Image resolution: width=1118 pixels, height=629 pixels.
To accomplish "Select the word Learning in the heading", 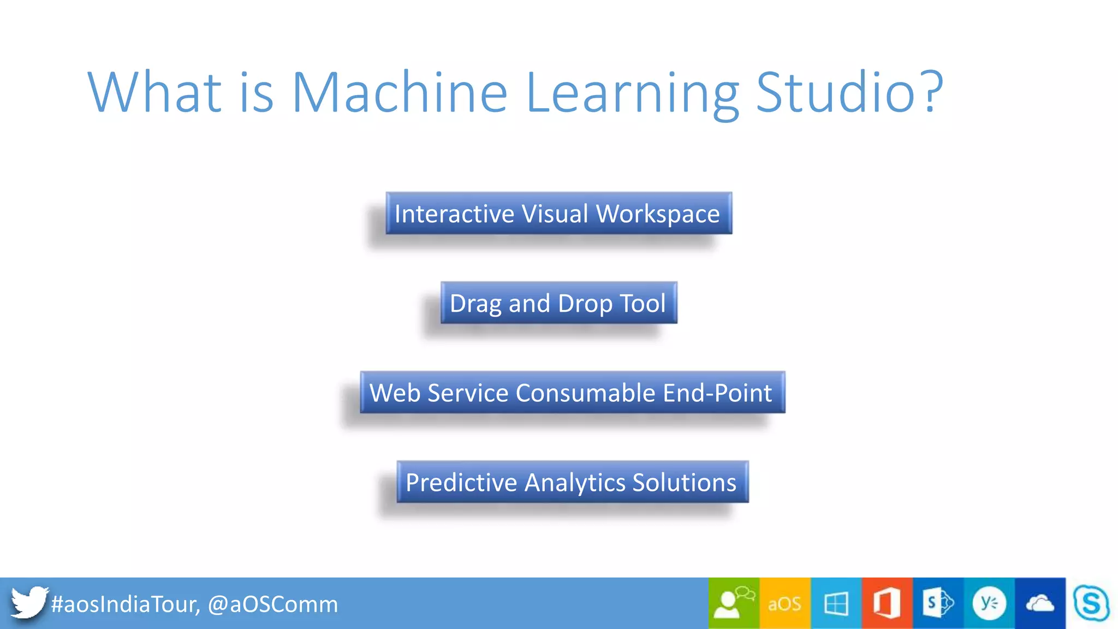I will click(632, 93).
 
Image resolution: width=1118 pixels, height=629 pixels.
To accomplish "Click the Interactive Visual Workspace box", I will click(558, 213).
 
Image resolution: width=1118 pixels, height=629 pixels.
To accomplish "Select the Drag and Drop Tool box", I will click(558, 303).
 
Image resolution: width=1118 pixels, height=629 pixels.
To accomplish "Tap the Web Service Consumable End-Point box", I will click(572, 393).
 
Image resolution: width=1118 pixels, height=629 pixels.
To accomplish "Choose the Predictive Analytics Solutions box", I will click(572, 482).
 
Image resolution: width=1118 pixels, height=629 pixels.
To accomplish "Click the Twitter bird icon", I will click(28, 602).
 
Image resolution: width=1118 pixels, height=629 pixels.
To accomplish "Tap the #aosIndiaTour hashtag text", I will click(125, 604).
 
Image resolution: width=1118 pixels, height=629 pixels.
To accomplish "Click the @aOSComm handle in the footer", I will click(273, 604).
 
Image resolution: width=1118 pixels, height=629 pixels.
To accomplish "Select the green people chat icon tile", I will click(733, 603).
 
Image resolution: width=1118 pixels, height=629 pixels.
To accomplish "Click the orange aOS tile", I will click(784, 603).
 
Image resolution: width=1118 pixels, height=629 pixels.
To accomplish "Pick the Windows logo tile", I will click(836, 603).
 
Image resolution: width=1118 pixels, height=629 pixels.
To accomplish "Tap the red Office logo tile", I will click(887, 603).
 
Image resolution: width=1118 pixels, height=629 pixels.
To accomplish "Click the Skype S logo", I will click(1091, 603).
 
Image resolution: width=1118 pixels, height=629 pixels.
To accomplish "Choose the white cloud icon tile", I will click(1039, 603).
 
